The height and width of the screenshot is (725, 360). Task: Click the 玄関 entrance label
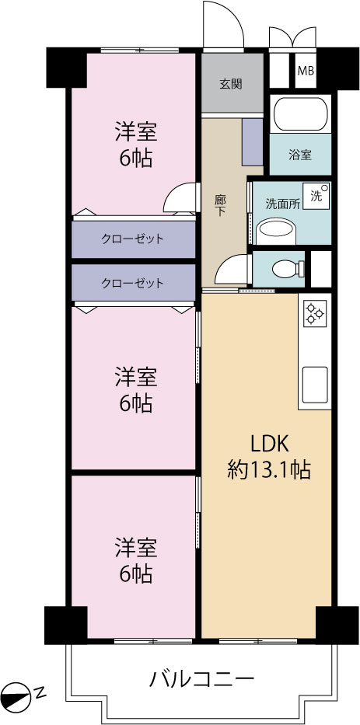click(230, 85)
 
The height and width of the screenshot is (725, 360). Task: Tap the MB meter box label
click(306, 71)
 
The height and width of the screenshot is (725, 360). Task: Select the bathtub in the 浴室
click(301, 114)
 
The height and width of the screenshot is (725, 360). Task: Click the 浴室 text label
click(300, 155)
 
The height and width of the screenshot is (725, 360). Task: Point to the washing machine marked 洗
click(316, 196)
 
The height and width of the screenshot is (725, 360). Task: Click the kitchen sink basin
click(315, 385)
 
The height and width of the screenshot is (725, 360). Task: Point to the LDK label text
click(270, 444)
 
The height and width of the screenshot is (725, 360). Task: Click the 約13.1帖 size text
click(269, 471)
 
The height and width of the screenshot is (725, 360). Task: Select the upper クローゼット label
click(132, 239)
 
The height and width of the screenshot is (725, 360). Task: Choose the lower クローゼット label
click(132, 283)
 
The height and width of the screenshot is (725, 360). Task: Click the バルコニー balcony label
click(201, 679)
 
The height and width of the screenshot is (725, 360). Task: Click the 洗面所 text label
click(281, 204)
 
